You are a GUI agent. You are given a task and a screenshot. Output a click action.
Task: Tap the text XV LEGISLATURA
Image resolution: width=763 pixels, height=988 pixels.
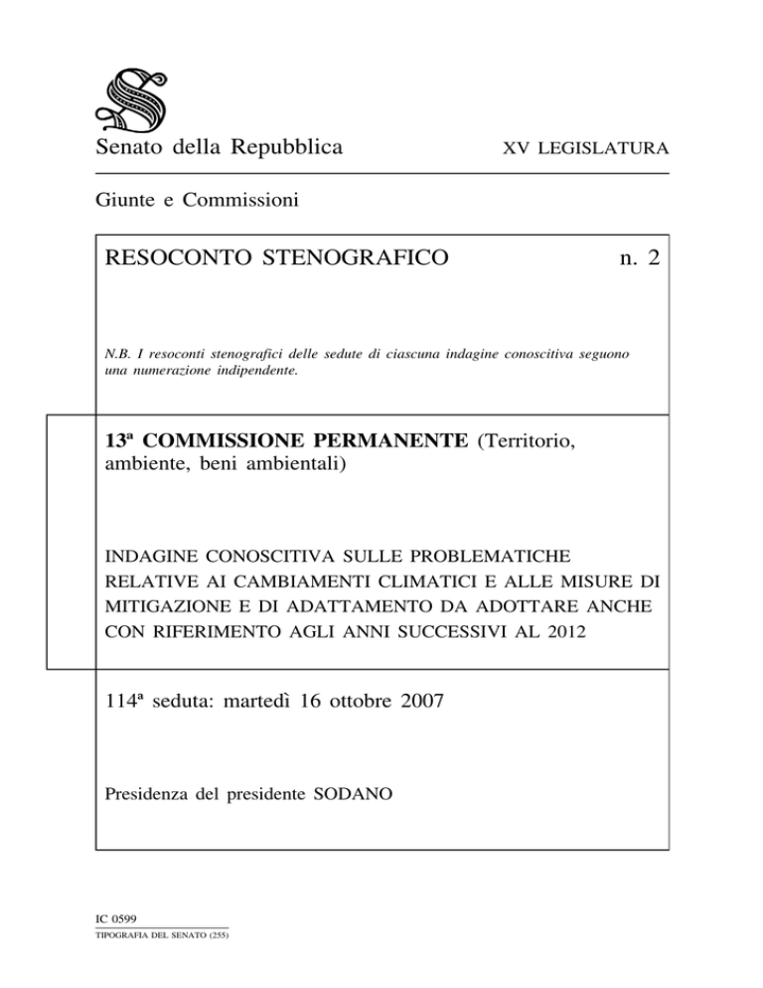[x=584, y=150]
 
